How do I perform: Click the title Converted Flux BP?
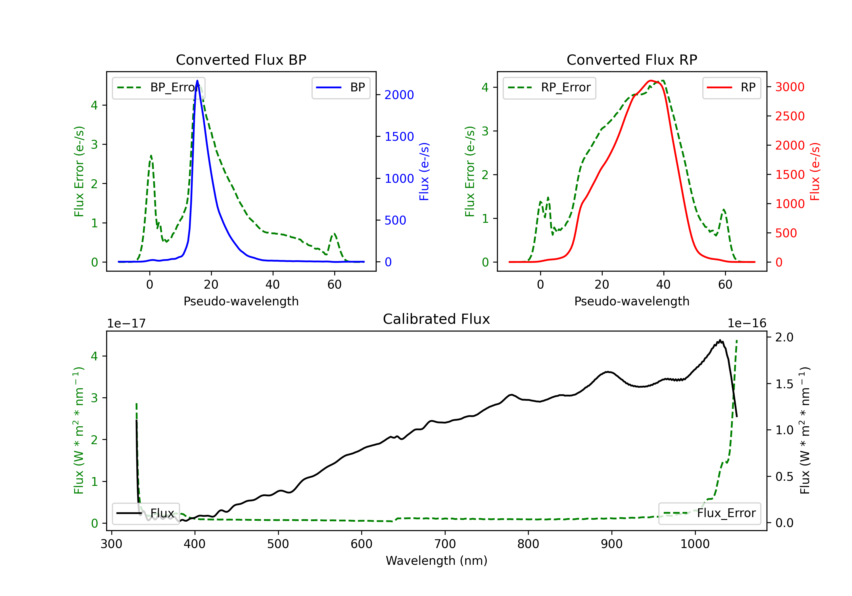click(241, 60)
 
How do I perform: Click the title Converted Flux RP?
click(632, 60)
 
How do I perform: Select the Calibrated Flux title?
click(437, 319)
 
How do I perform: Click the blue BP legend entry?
click(341, 87)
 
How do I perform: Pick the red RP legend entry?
click(731, 87)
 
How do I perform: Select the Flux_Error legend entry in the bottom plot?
click(709, 513)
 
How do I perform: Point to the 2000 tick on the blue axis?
click(399, 95)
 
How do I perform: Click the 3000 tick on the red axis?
click(790, 87)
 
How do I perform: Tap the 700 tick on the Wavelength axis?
click(445, 544)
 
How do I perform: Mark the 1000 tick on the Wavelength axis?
click(695, 544)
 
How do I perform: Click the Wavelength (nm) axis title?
click(437, 561)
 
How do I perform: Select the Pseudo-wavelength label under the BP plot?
click(241, 301)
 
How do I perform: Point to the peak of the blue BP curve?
click(197, 81)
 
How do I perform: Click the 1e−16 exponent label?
click(747, 324)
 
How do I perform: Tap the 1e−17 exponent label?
click(127, 324)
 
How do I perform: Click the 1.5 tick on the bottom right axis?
click(784, 384)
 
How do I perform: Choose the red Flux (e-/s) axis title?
click(815, 172)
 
